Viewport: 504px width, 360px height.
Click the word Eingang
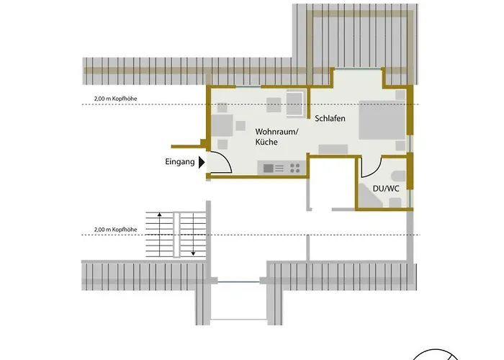[180, 163]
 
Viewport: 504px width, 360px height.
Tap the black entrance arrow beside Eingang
[202, 163]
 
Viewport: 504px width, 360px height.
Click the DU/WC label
[385, 189]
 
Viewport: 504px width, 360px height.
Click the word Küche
[266, 143]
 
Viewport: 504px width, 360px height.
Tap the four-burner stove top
[294, 168]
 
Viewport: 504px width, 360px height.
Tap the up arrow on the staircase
[153, 217]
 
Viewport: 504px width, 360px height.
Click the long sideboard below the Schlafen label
[333, 148]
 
